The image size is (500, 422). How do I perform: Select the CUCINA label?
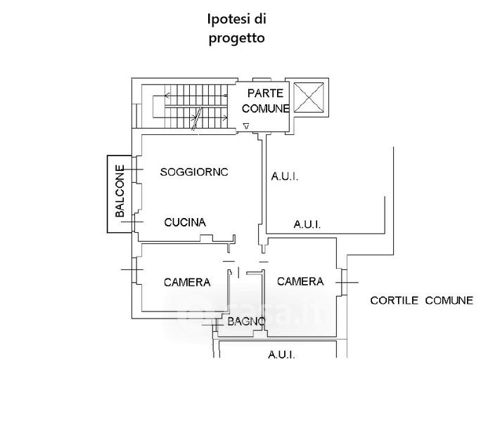point(185,222)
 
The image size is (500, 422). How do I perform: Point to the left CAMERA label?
point(187,283)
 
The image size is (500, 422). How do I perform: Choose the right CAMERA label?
point(300,281)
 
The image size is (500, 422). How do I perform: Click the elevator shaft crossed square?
point(309,97)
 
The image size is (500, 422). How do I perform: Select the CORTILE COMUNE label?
point(422,300)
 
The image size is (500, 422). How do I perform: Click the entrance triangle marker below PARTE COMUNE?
point(245,126)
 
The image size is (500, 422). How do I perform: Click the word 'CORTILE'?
point(395,300)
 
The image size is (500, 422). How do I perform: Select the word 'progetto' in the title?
point(236,38)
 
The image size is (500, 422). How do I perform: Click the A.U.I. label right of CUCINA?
point(307,225)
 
